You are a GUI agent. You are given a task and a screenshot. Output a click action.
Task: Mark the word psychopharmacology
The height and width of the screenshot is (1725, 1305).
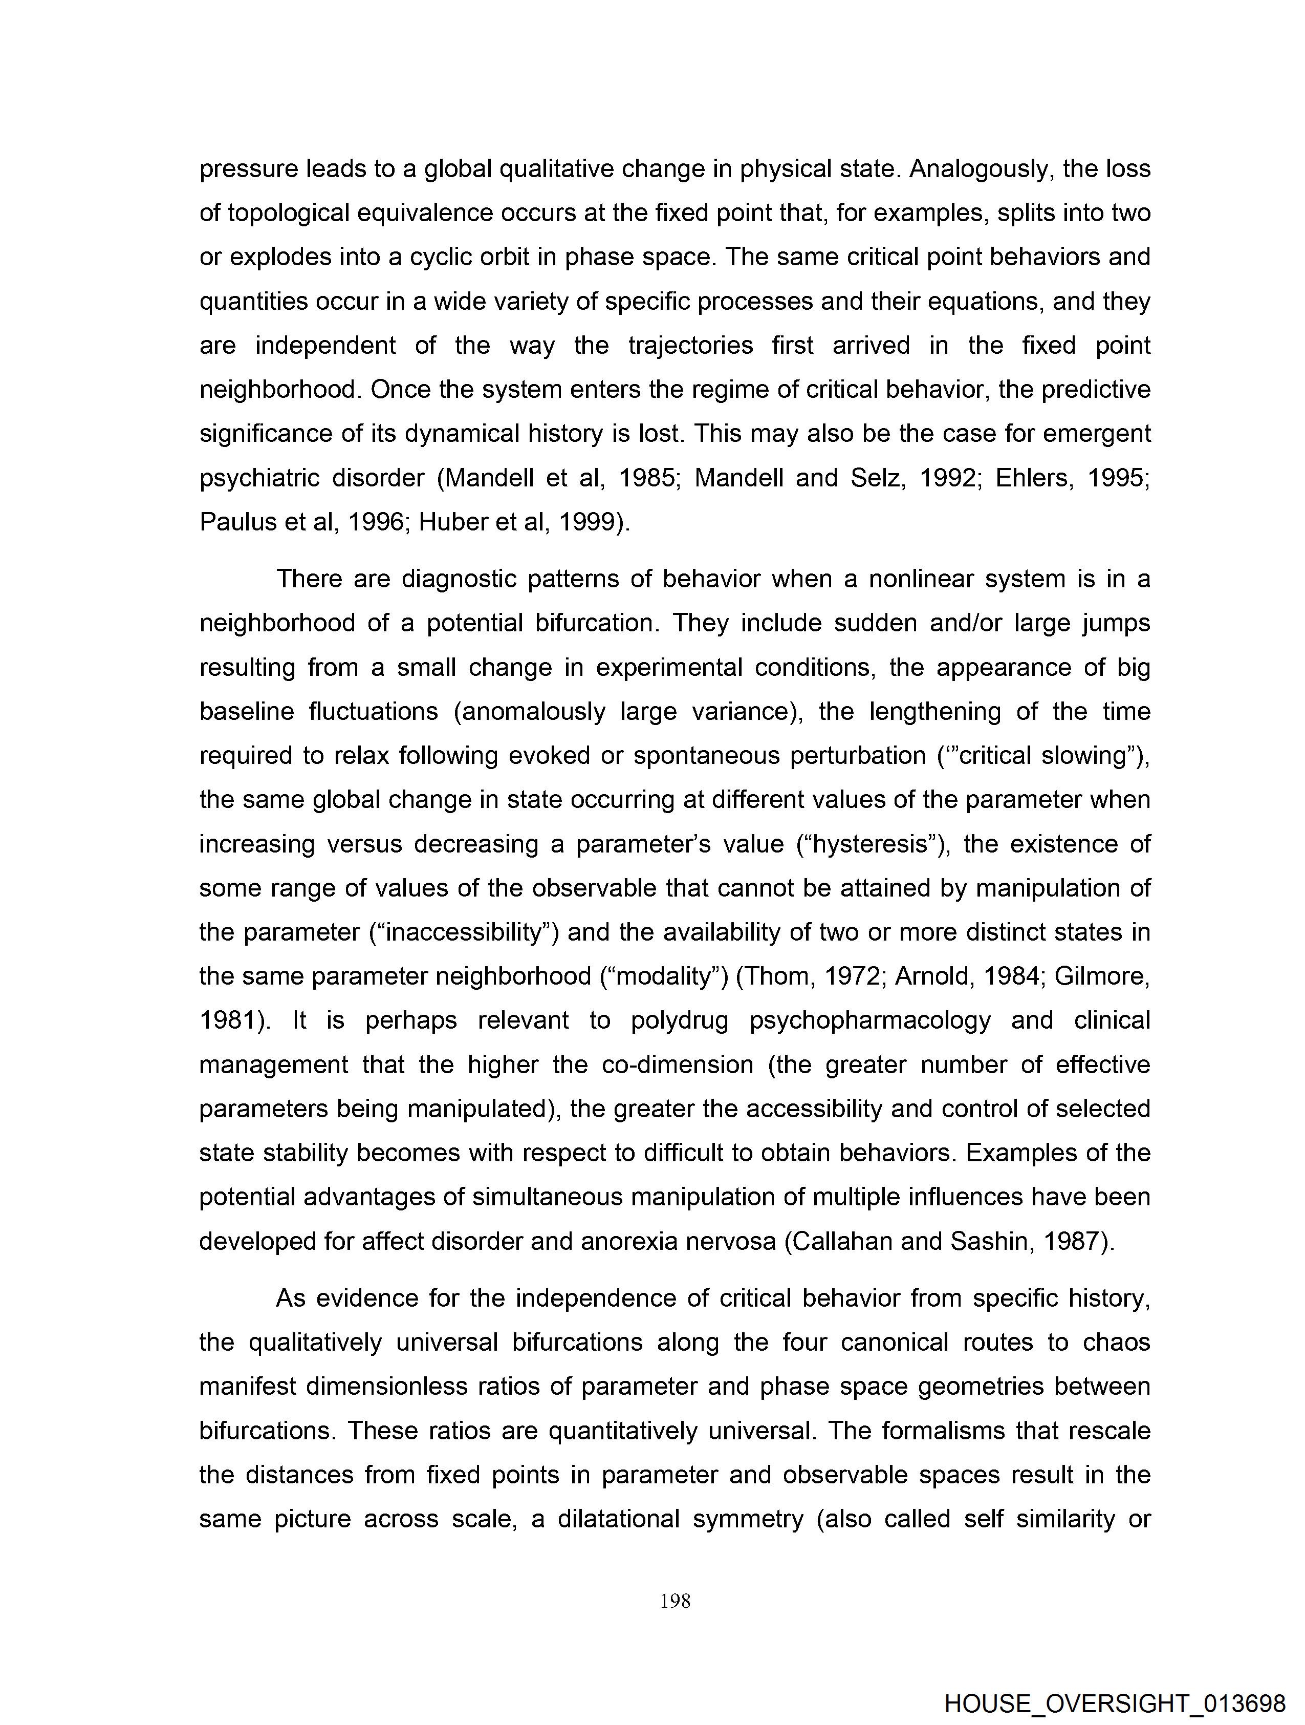pyautogui.click(x=870, y=1021)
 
